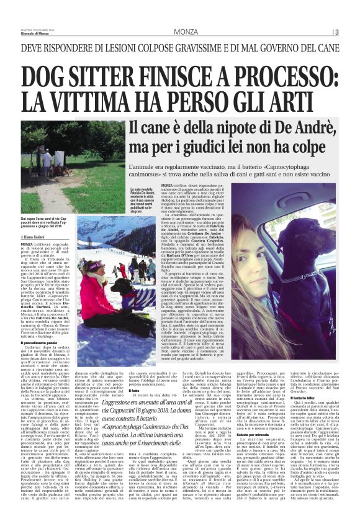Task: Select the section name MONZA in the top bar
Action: pos(186,32)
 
